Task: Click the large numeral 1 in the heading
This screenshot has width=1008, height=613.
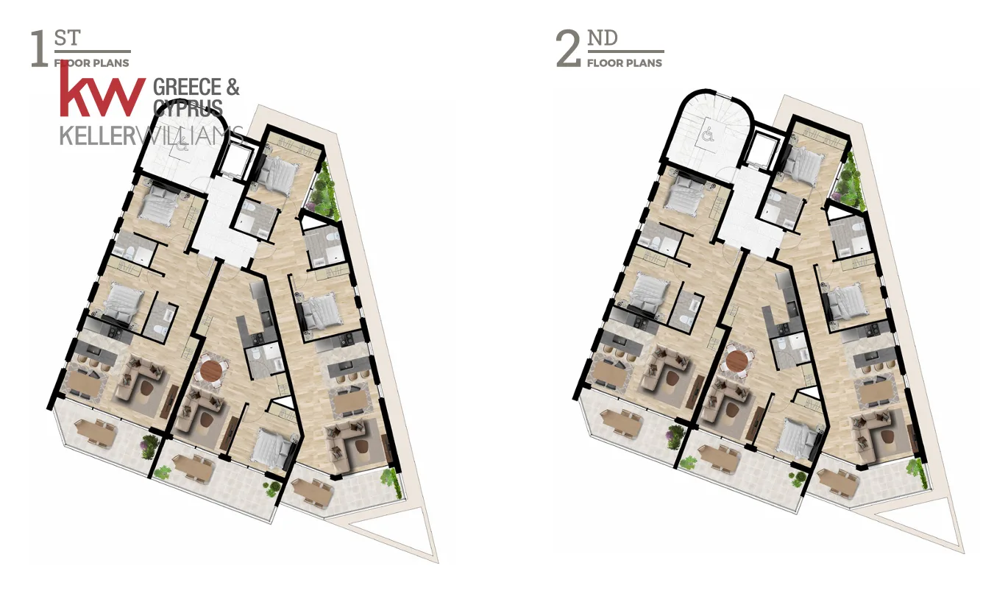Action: coord(39,49)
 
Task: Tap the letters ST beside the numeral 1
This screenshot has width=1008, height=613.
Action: coord(68,38)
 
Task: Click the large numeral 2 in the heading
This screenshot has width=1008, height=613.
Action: coord(568,49)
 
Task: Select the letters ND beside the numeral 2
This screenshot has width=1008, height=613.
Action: coord(603,38)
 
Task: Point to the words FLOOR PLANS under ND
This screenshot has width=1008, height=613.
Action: coord(625,63)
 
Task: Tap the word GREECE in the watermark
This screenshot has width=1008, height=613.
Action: coord(187,87)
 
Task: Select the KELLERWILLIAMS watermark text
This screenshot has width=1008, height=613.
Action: coord(152,135)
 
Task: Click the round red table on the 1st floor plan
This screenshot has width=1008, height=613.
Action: coord(211,370)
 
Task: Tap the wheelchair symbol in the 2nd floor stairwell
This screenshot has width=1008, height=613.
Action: coord(709,134)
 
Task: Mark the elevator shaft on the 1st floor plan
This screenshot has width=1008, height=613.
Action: coord(235,158)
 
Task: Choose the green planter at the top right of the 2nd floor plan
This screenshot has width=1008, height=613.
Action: coord(850,180)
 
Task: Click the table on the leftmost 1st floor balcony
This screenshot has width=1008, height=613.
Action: coord(96,431)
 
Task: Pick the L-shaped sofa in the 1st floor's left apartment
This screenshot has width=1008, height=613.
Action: coord(140,378)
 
